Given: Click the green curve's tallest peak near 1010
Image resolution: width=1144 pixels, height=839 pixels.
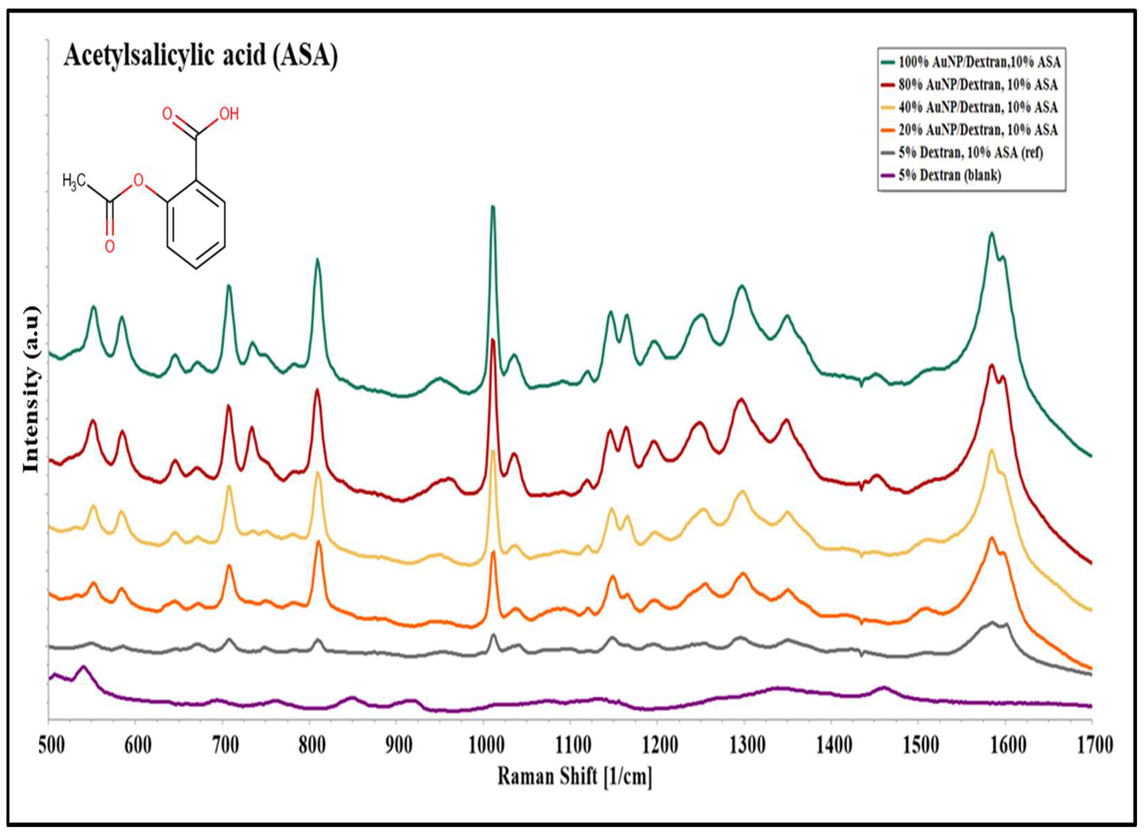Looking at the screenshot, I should coord(492,207).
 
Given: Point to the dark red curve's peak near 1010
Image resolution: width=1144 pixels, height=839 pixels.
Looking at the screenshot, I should coord(492,340).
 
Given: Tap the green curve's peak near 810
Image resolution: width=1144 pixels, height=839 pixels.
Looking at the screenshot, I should coord(317,261).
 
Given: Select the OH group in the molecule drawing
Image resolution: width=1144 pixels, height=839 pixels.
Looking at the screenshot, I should coord(228,114).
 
